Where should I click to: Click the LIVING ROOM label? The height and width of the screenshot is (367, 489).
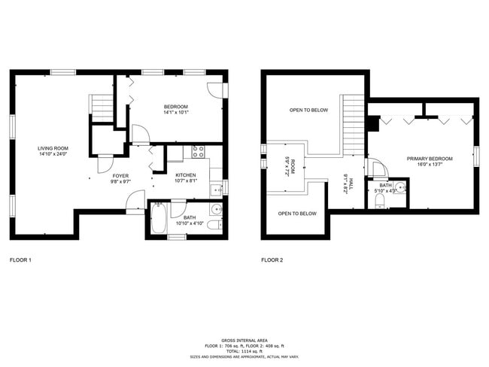53,148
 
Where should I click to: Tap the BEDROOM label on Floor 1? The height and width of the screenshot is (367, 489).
176,107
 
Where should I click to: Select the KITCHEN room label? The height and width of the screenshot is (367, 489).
186,174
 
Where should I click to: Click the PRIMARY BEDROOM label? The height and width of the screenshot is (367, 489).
430,159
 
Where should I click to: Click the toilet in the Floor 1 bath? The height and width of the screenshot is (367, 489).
213,225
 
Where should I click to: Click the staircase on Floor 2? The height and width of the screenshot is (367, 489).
354,124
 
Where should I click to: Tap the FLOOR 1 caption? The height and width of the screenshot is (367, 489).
20,260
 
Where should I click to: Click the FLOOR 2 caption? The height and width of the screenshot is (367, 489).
272,260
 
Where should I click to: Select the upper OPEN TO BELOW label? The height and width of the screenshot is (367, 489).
308,111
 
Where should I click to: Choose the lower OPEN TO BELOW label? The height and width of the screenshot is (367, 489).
297,214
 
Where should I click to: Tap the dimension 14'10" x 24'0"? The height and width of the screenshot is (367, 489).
53,154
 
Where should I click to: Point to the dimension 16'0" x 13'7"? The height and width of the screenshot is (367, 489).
430,165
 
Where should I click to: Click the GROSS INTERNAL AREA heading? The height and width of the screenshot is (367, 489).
244,340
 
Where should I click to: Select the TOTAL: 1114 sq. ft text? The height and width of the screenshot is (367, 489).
244,350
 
